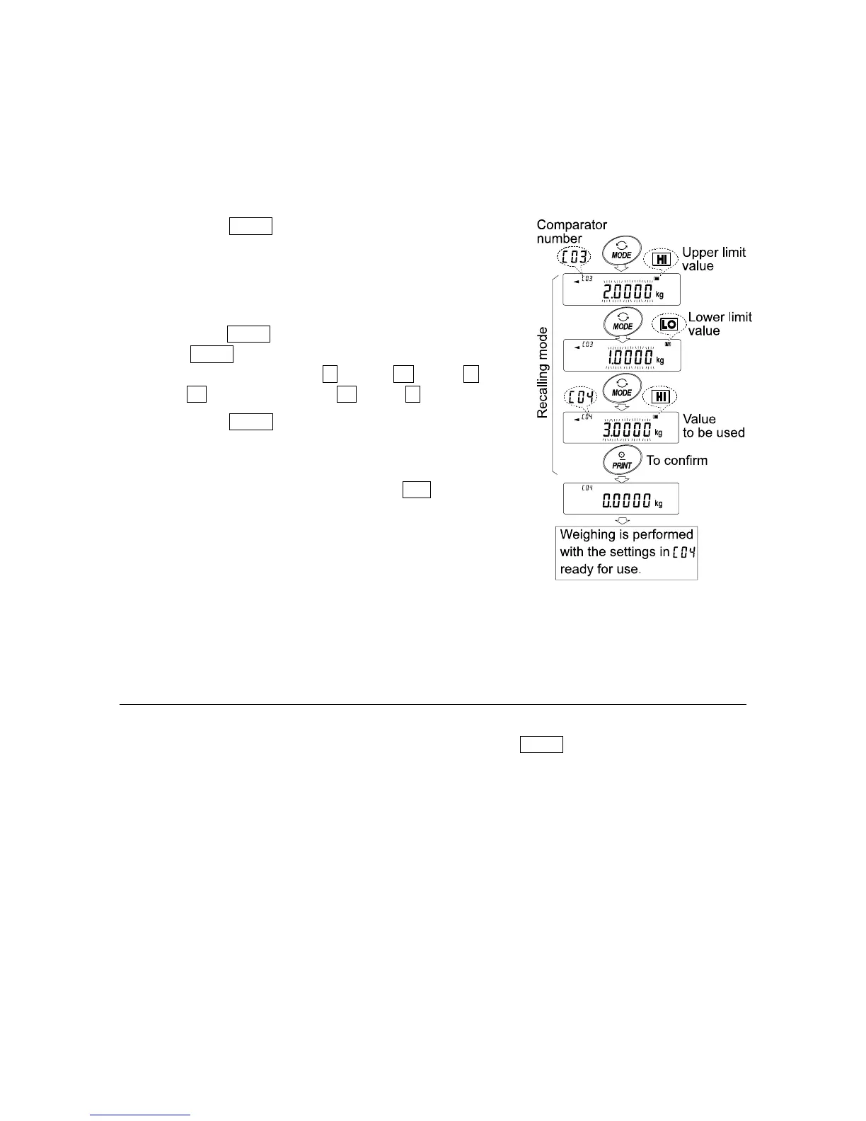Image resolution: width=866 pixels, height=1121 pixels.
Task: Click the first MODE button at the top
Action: coord(621,251)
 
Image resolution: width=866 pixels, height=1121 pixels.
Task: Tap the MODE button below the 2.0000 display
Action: coord(622,322)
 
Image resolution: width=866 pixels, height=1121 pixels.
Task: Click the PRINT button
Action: coord(622,461)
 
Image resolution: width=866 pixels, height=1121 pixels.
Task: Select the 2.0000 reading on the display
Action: coord(626,292)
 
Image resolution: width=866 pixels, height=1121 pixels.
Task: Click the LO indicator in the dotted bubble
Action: coord(668,323)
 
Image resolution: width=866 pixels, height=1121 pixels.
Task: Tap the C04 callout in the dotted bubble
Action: coord(580,397)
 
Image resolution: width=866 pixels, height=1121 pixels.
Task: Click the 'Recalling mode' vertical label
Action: coord(543,372)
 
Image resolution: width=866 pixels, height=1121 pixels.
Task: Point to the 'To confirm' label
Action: coord(676,461)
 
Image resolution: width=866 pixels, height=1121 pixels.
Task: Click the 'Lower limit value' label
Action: coord(720,323)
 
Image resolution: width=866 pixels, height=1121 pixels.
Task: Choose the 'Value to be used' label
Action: coord(713,425)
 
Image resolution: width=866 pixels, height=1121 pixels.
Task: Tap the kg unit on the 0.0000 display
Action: coord(659,504)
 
